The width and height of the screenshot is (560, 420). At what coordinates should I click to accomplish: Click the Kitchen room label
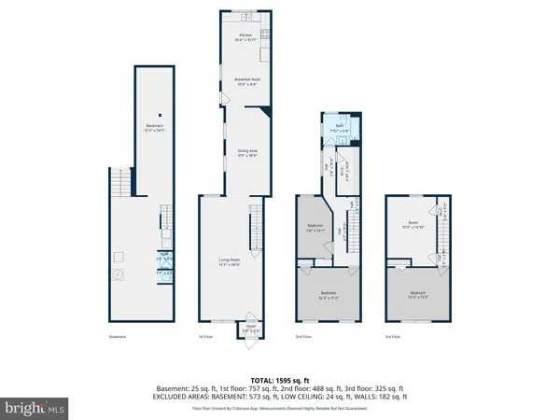pyautogui.click(x=245, y=38)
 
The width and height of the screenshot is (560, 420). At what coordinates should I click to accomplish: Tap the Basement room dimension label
pyautogui.click(x=152, y=128)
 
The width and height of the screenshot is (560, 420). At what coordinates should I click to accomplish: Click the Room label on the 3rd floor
pyautogui.click(x=413, y=226)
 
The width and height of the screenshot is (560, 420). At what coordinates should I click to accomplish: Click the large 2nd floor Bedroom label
pyautogui.click(x=327, y=297)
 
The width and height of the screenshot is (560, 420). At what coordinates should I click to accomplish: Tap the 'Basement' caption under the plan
pyautogui.click(x=116, y=337)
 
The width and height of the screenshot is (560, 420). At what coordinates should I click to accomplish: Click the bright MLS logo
pyautogui.click(x=35, y=407)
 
